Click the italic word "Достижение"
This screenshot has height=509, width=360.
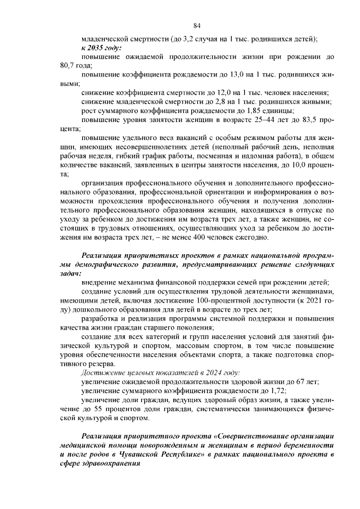[x=102, y=372]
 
